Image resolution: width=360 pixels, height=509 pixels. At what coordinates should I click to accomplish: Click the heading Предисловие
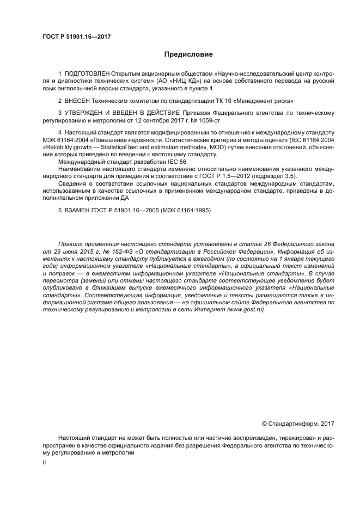pyautogui.click(x=189, y=54)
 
